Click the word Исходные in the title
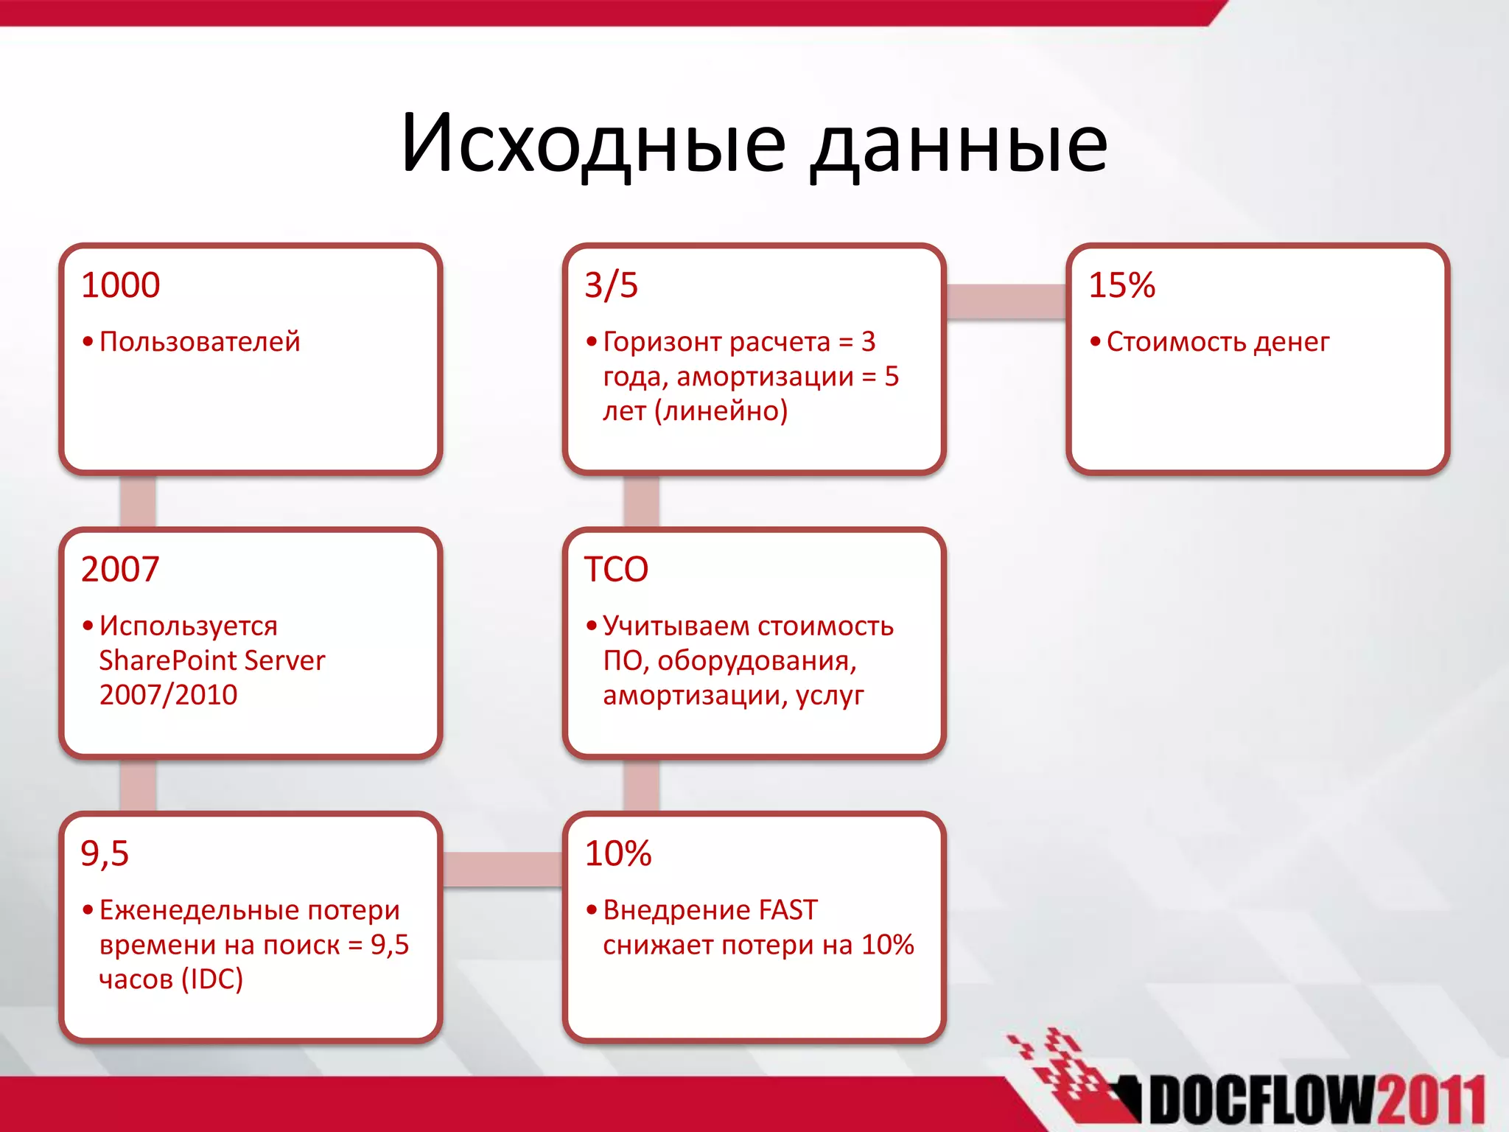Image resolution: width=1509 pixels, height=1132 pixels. [593, 144]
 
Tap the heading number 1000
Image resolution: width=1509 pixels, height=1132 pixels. [120, 285]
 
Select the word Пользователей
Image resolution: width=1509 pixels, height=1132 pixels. [200, 342]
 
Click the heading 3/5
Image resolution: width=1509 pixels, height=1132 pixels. [611, 285]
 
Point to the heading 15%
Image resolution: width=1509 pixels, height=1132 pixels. [1121, 285]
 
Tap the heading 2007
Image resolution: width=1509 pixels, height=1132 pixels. [120, 569]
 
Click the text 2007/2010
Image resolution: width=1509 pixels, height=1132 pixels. [168, 695]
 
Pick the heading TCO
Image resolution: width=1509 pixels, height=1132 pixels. [616, 569]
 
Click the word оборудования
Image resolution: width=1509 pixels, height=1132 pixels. [757, 661]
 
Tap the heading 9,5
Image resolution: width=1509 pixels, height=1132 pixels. [105, 853]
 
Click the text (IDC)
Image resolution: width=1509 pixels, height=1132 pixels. [212, 979]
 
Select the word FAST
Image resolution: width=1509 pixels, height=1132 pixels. [788, 910]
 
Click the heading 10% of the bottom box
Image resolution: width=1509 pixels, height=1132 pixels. [617, 853]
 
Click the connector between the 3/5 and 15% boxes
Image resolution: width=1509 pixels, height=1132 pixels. [1006, 301]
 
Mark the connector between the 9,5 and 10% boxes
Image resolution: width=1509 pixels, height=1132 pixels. [503, 869]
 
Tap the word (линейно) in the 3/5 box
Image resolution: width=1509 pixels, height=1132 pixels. [721, 411]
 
